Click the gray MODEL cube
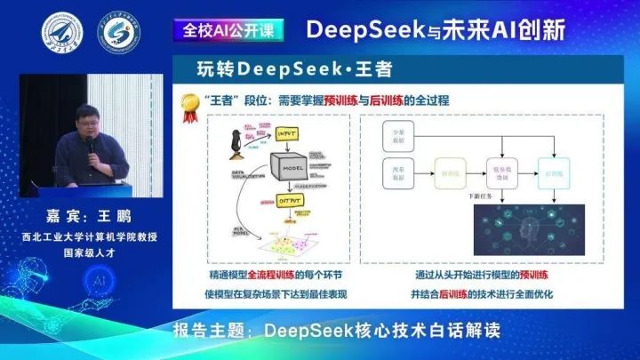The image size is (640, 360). (x=292, y=169)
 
